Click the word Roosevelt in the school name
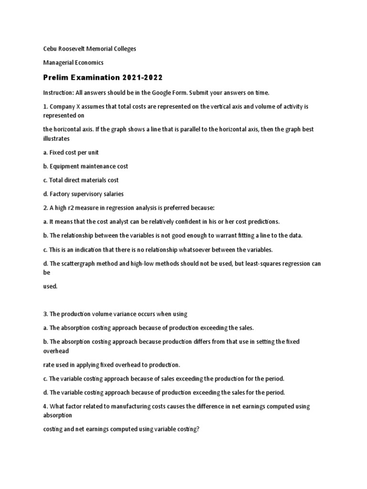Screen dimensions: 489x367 [73, 49]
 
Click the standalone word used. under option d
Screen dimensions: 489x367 [50, 286]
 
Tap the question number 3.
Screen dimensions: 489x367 [45, 314]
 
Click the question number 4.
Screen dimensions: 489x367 [45, 406]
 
